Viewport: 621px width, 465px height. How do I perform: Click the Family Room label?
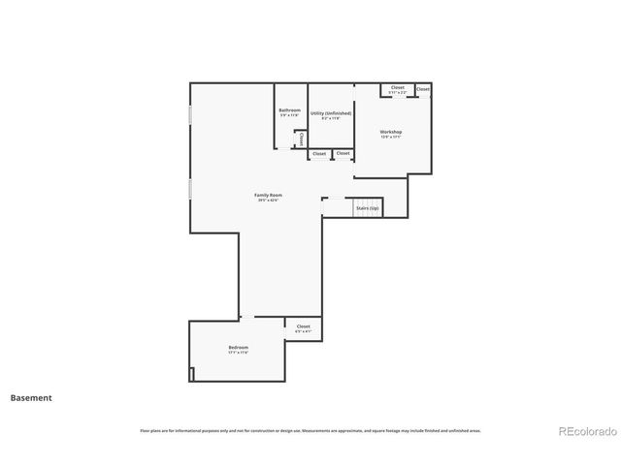(268, 195)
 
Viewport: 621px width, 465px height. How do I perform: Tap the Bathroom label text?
(289, 110)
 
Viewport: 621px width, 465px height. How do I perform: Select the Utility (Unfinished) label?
(331, 113)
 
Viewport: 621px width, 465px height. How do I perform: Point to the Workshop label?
(391, 132)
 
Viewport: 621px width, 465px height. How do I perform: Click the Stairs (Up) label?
(368, 208)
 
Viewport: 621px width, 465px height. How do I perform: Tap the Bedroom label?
(239, 347)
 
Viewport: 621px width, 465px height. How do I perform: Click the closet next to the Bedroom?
(303, 328)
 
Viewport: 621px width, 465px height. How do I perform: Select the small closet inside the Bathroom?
(301, 139)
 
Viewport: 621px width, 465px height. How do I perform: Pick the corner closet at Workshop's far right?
(423, 89)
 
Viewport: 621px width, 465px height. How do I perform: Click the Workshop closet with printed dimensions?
(398, 89)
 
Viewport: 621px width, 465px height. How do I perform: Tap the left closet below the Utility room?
(318, 154)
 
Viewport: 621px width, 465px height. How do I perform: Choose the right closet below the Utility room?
(343, 154)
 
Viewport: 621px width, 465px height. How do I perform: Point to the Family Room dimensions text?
(268, 201)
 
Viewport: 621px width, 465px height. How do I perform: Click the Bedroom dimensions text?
(239, 353)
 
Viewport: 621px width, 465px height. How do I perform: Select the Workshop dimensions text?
(391, 138)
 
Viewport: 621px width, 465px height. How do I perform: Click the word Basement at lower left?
(31, 397)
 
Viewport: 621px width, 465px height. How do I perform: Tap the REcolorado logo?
(585, 431)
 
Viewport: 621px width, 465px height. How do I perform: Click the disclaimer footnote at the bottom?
(310, 431)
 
